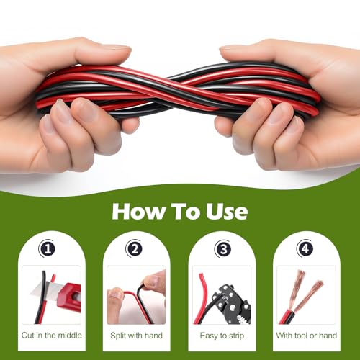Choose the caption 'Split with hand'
point(136,335)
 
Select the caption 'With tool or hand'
point(307,335)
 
